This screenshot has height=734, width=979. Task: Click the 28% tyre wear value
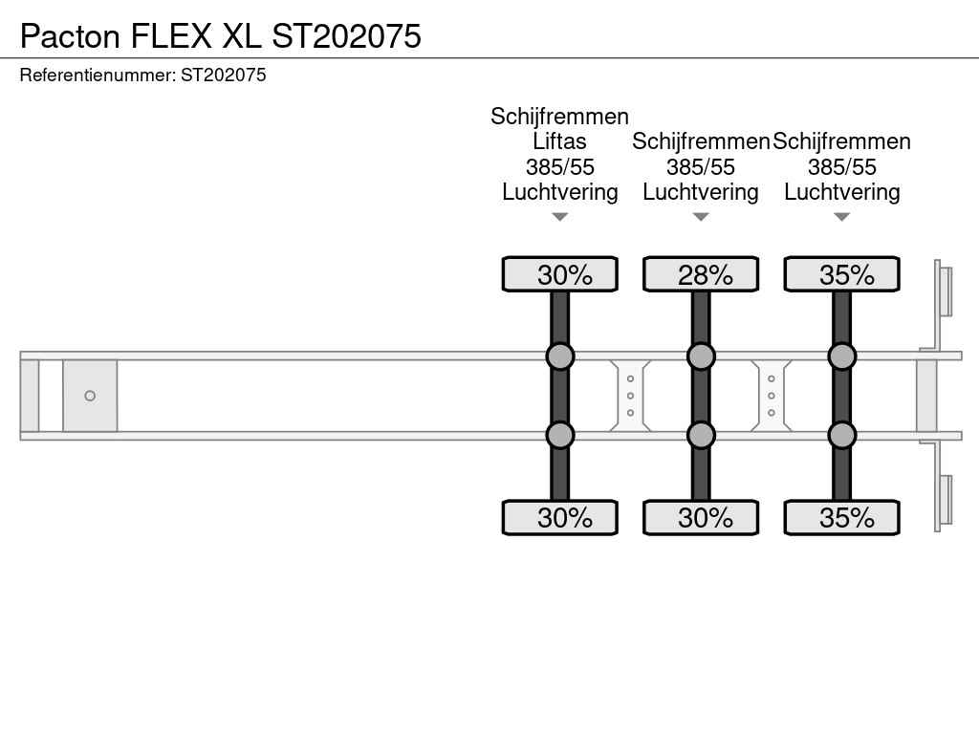(706, 275)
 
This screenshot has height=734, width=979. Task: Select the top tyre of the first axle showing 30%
(560, 274)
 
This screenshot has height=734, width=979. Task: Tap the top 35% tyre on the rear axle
(841, 274)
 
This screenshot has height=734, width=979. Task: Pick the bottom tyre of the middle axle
(701, 517)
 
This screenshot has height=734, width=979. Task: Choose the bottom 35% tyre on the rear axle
(841, 517)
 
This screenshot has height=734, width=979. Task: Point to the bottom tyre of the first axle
(560, 517)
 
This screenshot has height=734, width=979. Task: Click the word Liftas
(559, 141)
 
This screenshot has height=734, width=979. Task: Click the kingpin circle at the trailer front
(90, 396)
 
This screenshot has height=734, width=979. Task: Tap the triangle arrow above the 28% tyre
(701, 217)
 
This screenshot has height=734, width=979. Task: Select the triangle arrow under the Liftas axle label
(560, 217)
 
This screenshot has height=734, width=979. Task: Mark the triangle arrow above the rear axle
(841, 217)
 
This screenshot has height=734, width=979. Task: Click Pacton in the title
(70, 36)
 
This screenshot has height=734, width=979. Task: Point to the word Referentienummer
(98, 75)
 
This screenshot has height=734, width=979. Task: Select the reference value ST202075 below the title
(224, 75)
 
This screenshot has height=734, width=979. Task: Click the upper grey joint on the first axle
(560, 356)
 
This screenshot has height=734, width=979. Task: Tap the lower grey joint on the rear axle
(841, 435)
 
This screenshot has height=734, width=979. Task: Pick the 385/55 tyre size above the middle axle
(701, 167)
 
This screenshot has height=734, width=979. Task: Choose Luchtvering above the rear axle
(841, 192)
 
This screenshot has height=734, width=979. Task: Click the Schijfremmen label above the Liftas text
(559, 117)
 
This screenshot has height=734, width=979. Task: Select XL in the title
(242, 36)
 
